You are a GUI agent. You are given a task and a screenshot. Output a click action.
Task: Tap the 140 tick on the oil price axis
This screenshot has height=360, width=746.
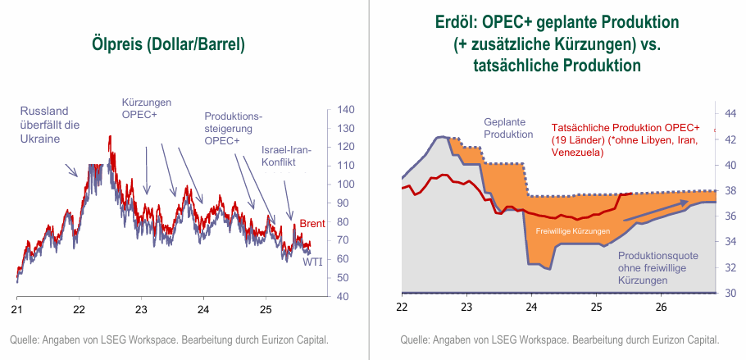click(346, 110)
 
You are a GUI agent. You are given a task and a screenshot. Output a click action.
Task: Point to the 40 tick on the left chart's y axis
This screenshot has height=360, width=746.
click(343, 296)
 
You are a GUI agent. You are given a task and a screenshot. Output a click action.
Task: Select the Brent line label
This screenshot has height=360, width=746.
click(312, 224)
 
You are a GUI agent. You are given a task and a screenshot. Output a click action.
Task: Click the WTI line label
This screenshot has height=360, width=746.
click(312, 262)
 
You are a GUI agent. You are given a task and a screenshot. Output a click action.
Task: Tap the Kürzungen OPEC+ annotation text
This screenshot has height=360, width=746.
click(146, 108)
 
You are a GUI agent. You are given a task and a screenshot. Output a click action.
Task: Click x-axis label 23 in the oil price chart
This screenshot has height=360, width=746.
click(140, 310)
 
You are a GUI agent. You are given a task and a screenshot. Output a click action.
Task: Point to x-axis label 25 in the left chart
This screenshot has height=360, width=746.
click(265, 310)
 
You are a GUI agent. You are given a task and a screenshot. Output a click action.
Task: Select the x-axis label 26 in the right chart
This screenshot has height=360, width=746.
click(660, 307)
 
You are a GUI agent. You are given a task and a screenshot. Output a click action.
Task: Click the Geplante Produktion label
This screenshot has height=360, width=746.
click(508, 126)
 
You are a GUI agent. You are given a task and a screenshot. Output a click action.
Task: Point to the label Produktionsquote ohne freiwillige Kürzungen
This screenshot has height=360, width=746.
click(658, 267)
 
